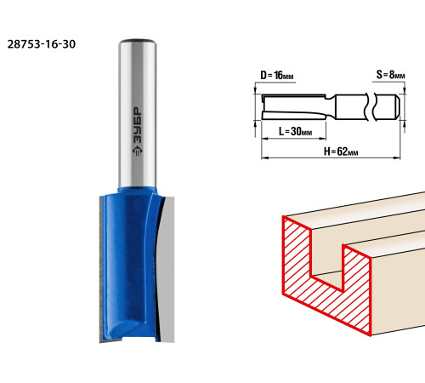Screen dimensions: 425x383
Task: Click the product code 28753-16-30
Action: (42, 44)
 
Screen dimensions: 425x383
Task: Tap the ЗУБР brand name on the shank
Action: (138, 125)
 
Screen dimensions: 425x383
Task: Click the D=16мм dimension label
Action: (277, 76)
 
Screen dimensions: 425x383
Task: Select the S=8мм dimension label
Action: (390, 75)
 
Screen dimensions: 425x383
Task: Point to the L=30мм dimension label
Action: (295, 131)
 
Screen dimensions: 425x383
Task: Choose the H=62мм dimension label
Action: (341, 151)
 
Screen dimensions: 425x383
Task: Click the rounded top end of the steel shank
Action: (138, 42)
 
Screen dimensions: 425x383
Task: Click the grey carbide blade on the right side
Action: (167, 270)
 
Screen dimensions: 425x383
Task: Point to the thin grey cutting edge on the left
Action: (100, 270)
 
